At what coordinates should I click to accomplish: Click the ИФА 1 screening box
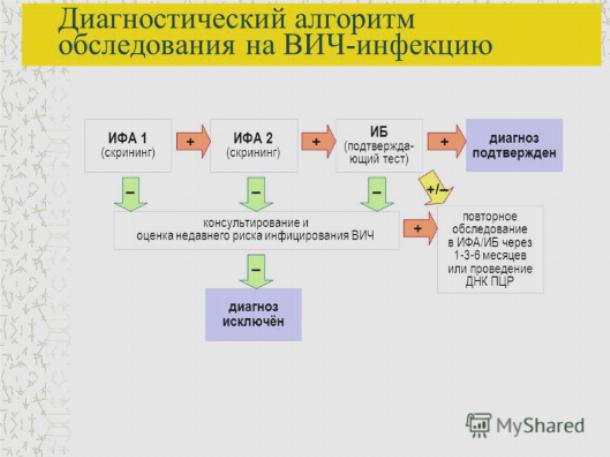click(x=128, y=145)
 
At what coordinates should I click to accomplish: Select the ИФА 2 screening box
click(x=254, y=145)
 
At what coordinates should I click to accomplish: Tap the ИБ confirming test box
click(x=379, y=145)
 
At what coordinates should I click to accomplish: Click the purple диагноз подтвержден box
click(x=514, y=145)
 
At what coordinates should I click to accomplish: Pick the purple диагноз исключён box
click(x=253, y=315)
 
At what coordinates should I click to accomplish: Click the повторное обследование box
click(x=490, y=249)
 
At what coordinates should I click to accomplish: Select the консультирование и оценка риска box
click(x=257, y=230)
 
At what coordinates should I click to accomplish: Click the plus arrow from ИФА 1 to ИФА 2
click(x=193, y=142)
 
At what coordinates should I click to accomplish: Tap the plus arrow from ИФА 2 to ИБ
click(x=319, y=142)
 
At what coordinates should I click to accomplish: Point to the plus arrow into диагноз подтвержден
click(x=447, y=142)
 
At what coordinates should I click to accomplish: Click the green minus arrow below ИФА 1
click(x=131, y=194)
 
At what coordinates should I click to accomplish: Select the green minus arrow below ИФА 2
click(x=256, y=194)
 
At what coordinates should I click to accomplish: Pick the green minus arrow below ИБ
click(x=377, y=194)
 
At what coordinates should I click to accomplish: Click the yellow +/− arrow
click(x=436, y=189)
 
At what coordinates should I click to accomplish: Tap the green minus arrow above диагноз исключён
click(x=256, y=271)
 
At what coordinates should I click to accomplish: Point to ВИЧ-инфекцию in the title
click(x=388, y=46)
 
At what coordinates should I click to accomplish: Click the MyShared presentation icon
click(x=479, y=425)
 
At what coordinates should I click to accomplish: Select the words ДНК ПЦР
click(x=490, y=282)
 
